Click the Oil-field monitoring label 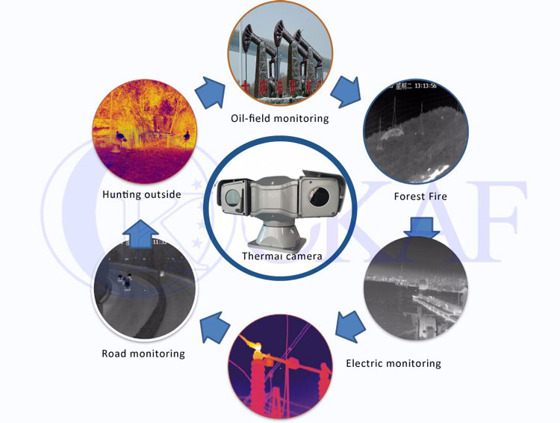pos(280,118)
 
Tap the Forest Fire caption pos(420,197)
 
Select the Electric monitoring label pos(393,364)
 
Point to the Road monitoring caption pos(143,353)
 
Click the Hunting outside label pos(142,195)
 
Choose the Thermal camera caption pos(281,256)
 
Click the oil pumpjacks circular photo pos(280,57)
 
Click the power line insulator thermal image pos(280,369)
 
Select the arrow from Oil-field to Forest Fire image pos(348,91)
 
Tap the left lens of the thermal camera pos(231,197)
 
